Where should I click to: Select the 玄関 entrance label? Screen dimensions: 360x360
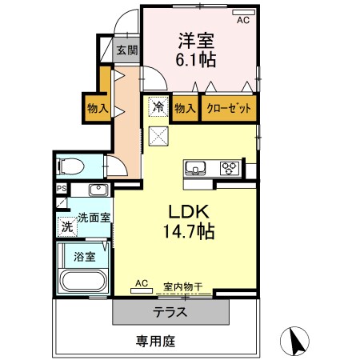pos(127,50)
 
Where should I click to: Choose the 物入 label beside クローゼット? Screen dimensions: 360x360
pos(184,108)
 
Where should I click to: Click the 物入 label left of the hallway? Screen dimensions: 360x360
pos(98,108)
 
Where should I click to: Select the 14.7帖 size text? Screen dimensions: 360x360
pos(189,233)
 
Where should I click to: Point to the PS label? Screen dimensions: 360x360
pos(61,190)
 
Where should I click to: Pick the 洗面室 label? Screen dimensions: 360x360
pos(94,217)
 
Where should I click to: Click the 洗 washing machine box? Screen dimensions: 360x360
pos(67,226)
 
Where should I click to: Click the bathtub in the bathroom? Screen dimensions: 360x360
pos(82,282)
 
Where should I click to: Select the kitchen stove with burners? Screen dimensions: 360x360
pos(230,168)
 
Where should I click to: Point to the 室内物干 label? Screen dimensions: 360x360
pos(182,286)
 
